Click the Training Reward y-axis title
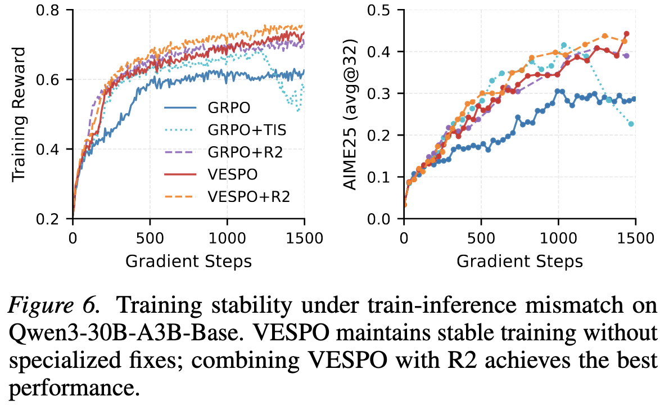point(20,114)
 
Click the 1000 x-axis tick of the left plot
point(227,236)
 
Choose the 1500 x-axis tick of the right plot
point(635,236)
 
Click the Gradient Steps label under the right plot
point(519,261)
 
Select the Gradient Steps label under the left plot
point(188,261)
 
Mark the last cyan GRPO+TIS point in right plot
point(631,124)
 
